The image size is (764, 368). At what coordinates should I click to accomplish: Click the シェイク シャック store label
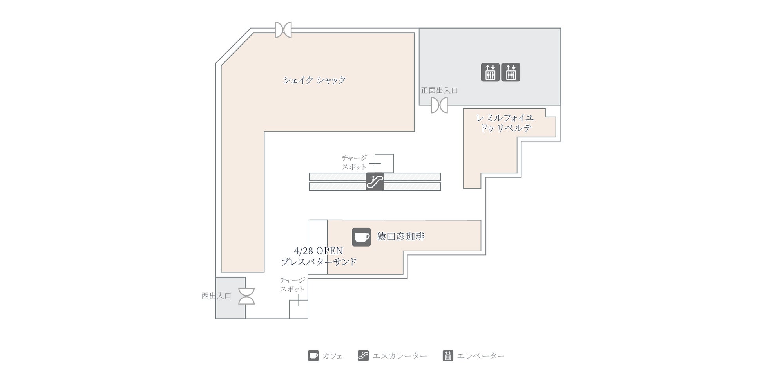tap(314, 80)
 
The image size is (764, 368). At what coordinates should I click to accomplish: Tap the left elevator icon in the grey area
tap(490, 72)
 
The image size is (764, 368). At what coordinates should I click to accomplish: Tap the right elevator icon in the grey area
tap(511, 72)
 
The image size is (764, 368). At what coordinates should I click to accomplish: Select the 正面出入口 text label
tap(440, 90)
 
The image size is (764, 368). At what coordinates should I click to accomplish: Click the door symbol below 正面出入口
tap(439, 105)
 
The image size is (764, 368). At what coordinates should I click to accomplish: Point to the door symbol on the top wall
tap(283, 30)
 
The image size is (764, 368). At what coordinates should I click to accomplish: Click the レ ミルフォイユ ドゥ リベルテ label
tap(505, 123)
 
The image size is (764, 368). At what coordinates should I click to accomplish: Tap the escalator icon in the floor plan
tap(375, 182)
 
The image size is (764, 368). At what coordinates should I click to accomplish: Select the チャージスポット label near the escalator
tap(354, 162)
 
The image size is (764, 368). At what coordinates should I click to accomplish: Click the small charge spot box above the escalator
tap(384, 163)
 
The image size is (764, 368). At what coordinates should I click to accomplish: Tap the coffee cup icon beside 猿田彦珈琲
tap(361, 237)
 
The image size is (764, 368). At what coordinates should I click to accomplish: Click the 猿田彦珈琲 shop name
tap(401, 236)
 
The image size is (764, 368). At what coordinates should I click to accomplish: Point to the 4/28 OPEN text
tap(319, 251)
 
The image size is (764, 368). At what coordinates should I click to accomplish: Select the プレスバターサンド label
tap(319, 262)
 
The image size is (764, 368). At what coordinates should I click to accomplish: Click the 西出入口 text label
tap(216, 296)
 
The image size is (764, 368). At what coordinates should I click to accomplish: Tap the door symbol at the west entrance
tap(246, 296)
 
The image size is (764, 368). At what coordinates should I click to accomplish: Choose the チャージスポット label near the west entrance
tap(292, 285)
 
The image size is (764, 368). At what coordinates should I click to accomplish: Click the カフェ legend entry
tap(326, 356)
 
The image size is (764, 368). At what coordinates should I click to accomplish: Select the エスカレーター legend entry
tap(393, 356)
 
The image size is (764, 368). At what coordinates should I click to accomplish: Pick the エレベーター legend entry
tap(474, 356)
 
